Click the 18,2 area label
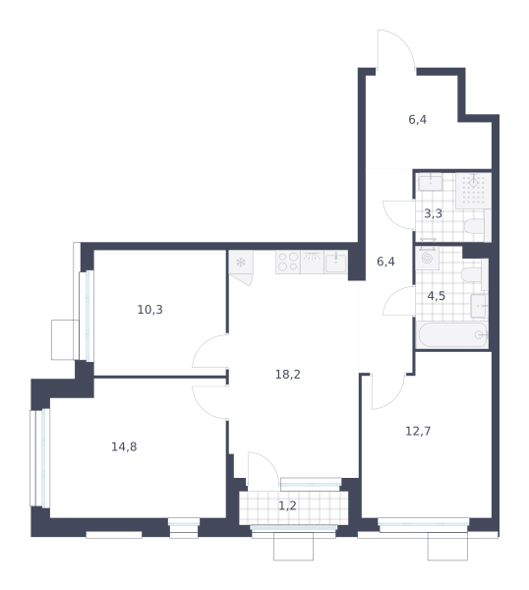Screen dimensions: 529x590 tap(288, 375)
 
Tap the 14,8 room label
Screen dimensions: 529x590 tap(124, 446)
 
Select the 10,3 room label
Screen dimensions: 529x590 tap(150, 310)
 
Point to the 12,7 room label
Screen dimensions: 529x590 tap(418, 431)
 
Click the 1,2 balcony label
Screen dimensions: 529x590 tap(287, 505)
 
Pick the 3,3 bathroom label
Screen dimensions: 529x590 tap(433, 213)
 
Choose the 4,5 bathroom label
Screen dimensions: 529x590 tap(437, 296)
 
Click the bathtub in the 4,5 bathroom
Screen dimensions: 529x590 tap(452, 335)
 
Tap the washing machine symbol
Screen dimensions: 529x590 tap(427, 258)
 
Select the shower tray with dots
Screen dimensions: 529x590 tap(473, 191)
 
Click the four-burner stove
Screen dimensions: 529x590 tap(288, 262)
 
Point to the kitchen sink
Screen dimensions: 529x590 tap(335, 262)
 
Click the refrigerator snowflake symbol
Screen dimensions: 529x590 tap(241, 262)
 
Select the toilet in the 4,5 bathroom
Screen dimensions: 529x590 tap(475, 274)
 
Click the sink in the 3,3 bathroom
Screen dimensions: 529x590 tap(431, 182)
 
